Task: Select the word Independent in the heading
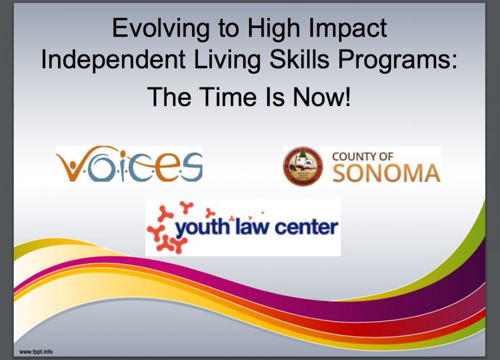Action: click(113, 60)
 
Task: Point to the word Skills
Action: click(299, 60)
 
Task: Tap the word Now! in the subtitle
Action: click(322, 97)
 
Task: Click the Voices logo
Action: click(129, 164)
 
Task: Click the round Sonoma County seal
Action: click(303, 166)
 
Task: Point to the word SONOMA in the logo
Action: click(387, 173)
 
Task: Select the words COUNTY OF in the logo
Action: click(363, 156)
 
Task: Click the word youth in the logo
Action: click(203, 228)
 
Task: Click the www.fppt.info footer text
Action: click(36, 352)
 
